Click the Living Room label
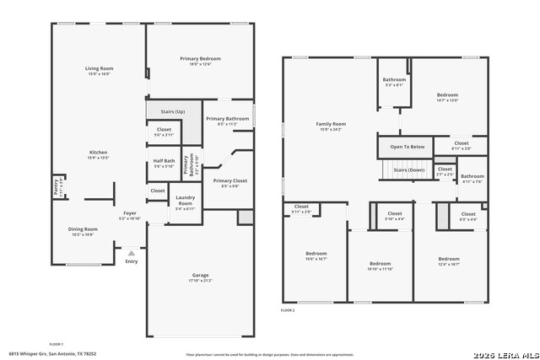click(99, 68)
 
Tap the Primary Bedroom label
click(200, 58)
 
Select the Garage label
click(200, 275)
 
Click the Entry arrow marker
click(131, 252)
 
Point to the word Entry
click(131, 261)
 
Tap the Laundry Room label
click(185, 202)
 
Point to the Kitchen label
click(99, 153)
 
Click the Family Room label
click(331, 124)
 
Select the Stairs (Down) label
click(409, 169)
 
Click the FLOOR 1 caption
click(57, 344)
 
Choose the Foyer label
click(130, 213)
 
